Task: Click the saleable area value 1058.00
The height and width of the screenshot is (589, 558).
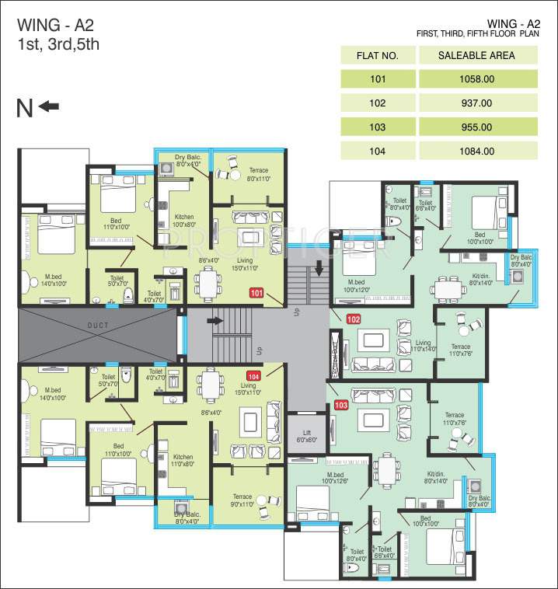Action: (x=477, y=78)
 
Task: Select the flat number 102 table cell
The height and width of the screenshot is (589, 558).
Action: (x=378, y=103)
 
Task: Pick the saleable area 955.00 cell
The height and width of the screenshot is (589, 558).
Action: (x=477, y=127)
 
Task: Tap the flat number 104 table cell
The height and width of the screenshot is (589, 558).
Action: (x=378, y=151)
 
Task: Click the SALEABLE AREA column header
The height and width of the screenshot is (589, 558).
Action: (x=477, y=55)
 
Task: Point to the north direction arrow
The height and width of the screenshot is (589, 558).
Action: (x=49, y=106)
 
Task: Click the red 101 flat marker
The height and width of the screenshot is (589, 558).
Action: (x=257, y=293)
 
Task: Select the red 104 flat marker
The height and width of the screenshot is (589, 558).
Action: (x=253, y=376)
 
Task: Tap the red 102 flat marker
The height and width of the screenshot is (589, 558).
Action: (x=354, y=319)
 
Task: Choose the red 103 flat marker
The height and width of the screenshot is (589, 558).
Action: (x=340, y=405)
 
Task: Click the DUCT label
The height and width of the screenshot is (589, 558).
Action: (x=97, y=325)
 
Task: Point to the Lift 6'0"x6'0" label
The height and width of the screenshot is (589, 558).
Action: (x=303, y=436)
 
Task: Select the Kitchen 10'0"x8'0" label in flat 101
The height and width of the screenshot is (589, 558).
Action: (x=183, y=221)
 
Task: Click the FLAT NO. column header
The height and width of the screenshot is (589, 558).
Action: (x=378, y=55)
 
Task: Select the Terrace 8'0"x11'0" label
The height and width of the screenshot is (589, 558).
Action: (x=258, y=174)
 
